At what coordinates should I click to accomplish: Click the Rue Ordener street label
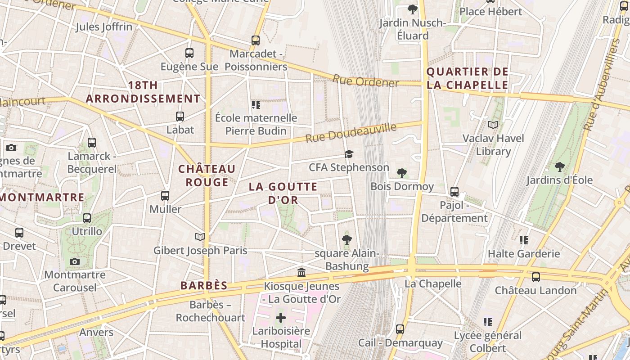pos(365,81)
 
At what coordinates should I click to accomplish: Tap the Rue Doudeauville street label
pos(351,133)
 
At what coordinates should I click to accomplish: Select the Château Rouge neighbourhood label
pos(207,175)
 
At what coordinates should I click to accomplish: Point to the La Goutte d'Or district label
pos(283,193)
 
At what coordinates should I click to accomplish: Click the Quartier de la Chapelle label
pos(467,78)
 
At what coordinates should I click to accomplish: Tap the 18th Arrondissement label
pos(143,92)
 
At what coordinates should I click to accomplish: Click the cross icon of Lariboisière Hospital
pos(281,318)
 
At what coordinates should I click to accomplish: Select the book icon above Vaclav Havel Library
pos(493,125)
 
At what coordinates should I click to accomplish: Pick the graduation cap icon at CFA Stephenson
pos(349,154)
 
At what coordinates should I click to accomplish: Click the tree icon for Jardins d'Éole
pos(560,167)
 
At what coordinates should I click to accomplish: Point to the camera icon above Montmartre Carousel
pos(75,261)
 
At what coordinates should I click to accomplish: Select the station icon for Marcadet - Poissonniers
pos(256,40)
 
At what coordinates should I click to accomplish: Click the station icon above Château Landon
pos(535,277)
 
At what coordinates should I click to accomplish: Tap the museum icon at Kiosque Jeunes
pos(301,273)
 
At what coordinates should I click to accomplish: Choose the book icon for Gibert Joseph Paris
pos(200,237)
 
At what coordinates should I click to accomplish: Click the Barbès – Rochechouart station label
pos(211,311)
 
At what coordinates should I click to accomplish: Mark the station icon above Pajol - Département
pos(454,192)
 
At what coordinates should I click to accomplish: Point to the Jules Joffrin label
pos(104,27)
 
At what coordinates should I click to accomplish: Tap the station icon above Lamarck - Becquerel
pos(92,143)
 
